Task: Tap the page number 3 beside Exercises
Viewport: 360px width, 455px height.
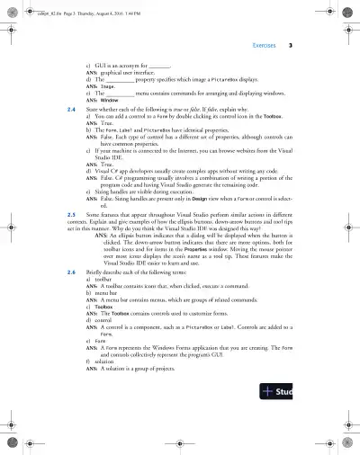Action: [x=302, y=43]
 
